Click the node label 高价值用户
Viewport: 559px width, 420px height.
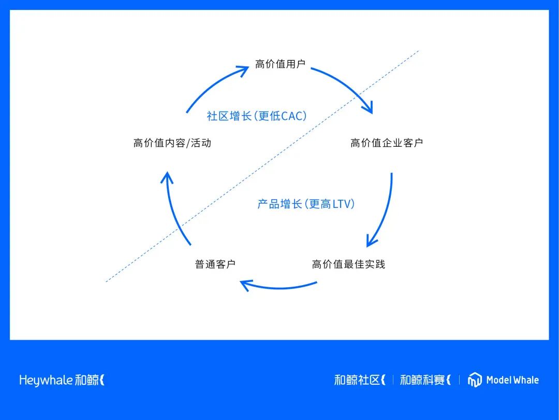pos(280,64)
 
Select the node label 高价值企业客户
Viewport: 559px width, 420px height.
pos(387,143)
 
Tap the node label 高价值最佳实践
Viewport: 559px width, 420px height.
pos(348,264)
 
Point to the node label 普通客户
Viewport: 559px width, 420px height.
pos(215,264)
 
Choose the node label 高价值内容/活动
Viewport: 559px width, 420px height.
pos(172,143)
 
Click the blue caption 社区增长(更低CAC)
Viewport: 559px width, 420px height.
pos(257,116)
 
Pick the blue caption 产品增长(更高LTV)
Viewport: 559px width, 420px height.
pos(306,204)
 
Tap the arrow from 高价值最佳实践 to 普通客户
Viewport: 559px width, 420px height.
pos(279,287)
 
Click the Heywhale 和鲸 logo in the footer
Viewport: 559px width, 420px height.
pos(62,380)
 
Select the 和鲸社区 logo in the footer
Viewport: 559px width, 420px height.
pos(360,380)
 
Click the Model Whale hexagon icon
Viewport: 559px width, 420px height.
pos(475,380)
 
